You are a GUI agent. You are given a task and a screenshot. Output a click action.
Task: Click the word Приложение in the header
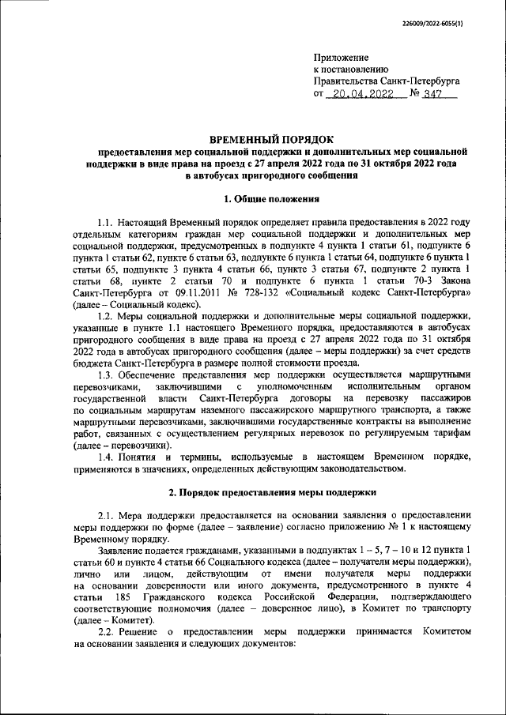click(x=341, y=58)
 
